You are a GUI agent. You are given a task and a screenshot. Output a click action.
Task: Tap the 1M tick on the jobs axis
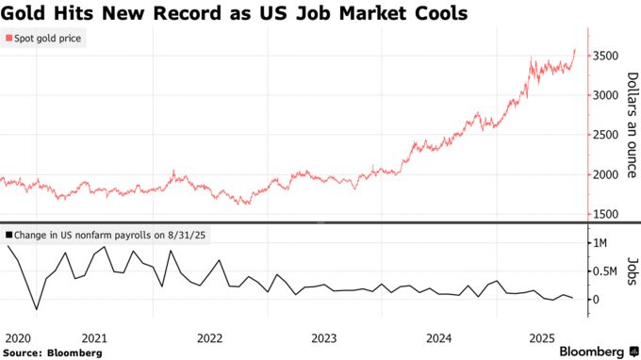point(600,243)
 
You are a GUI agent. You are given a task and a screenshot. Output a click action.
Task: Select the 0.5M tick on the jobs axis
point(604,271)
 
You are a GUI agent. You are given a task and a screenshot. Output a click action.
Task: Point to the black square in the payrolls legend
point(8,234)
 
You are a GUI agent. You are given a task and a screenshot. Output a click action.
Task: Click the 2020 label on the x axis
point(18,336)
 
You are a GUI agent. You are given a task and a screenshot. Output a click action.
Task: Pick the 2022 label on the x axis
point(208,336)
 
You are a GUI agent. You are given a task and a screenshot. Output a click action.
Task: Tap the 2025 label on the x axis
point(542,336)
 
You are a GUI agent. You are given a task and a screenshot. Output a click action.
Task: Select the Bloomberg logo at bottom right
point(591,351)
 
